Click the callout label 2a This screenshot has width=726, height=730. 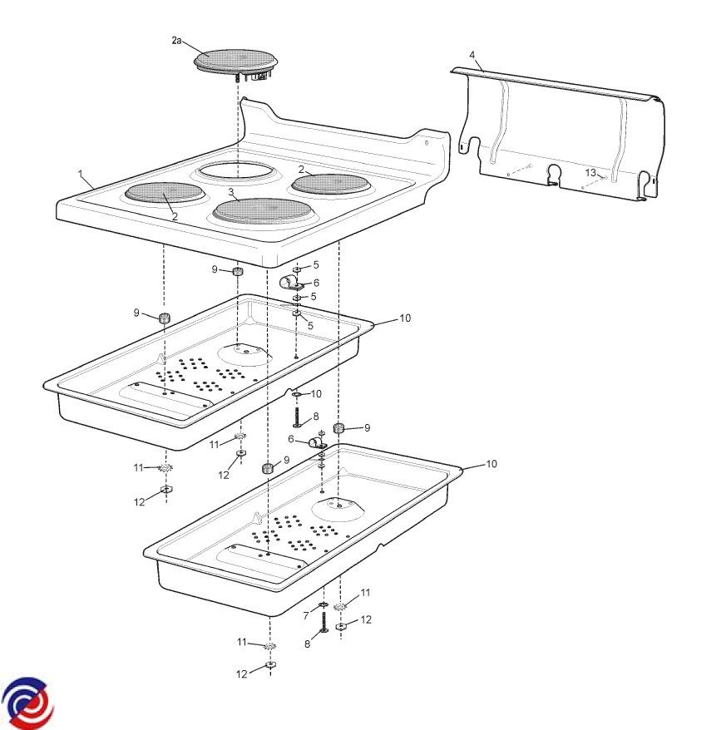[176, 41]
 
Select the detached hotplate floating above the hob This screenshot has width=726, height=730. [236, 63]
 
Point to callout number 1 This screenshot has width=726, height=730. [81, 174]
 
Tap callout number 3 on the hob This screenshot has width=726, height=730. [231, 192]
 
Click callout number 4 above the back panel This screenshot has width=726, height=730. [472, 55]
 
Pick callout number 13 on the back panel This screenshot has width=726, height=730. [590, 173]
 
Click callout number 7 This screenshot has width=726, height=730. [306, 615]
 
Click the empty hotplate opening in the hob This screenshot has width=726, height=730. [235, 171]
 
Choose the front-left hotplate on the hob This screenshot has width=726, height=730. [165, 194]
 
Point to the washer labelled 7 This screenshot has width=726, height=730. [323, 604]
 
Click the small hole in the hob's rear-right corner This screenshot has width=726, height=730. [427, 143]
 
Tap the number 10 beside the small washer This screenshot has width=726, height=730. [316, 394]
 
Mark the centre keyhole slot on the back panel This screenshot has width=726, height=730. [554, 175]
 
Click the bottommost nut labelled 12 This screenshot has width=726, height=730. [270, 663]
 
